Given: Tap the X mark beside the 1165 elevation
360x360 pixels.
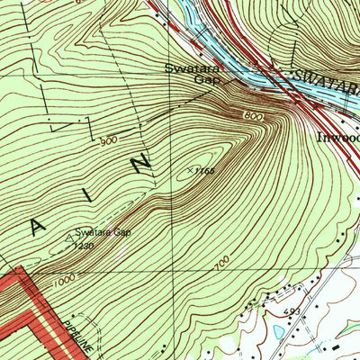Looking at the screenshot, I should [x=190, y=168].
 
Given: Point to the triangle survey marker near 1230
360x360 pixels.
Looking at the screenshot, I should [x=69, y=238].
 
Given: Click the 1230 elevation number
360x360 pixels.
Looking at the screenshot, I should [x=84, y=245].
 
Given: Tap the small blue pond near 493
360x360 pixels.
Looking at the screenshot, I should [x=276, y=331].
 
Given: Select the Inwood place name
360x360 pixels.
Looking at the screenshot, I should [x=338, y=139].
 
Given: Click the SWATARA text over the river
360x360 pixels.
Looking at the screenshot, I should [x=324, y=80].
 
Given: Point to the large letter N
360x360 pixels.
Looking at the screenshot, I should [x=140, y=165].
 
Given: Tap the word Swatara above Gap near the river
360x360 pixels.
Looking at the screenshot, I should [x=186, y=67].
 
